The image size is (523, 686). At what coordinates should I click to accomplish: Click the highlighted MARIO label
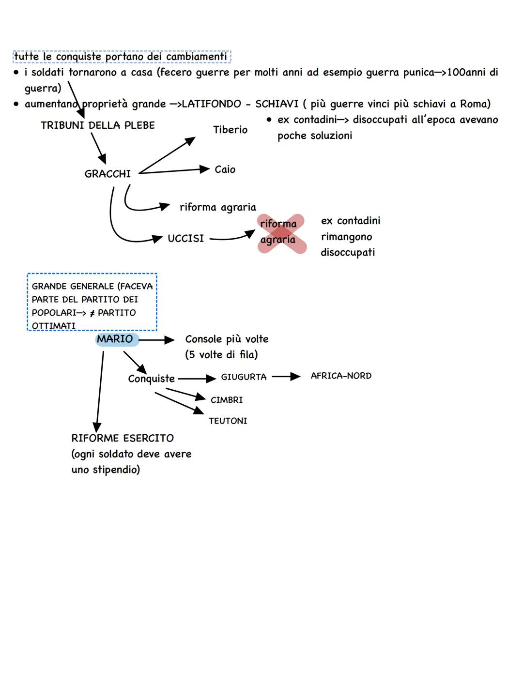coord(115,339)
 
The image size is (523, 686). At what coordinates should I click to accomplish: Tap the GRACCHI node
coord(108,174)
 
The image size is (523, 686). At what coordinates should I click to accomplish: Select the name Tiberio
coord(231,130)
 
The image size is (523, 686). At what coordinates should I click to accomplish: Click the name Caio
coord(225,169)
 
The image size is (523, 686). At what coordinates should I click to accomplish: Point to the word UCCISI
coord(185,239)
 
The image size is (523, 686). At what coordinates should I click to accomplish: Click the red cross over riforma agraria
coord(281,233)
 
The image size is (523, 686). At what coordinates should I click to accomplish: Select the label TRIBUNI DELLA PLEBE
coord(98,125)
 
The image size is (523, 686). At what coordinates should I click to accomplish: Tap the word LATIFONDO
coord(211,104)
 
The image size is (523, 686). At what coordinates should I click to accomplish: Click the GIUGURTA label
coord(244,377)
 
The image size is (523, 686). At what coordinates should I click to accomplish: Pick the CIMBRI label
coord(227,400)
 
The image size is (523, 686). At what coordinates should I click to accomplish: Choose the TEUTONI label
coord(228,421)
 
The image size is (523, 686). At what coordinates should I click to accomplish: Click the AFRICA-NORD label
coord(341,376)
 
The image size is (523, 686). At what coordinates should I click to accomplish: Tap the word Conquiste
coord(151,379)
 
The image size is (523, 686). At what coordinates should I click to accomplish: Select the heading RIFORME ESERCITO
coord(123,438)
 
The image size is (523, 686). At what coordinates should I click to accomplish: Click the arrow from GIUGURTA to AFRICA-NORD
coord(286,377)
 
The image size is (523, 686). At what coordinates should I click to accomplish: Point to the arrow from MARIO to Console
coord(156,340)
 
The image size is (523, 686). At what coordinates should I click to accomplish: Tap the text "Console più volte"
coord(227,339)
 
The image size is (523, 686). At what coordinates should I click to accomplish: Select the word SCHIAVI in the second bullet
coord(277,104)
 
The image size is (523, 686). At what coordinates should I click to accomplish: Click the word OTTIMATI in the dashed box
coord(54,326)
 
